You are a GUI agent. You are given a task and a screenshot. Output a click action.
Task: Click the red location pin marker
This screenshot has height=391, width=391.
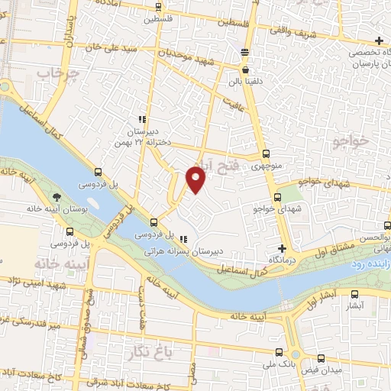[x=196, y=179]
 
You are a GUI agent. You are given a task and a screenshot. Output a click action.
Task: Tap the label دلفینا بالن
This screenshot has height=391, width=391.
[x=244, y=78]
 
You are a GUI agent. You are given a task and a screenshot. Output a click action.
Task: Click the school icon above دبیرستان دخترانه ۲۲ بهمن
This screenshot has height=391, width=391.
[x=142, y=120]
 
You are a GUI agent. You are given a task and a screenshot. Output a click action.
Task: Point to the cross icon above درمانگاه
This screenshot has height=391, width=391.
[x=283, y=249]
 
